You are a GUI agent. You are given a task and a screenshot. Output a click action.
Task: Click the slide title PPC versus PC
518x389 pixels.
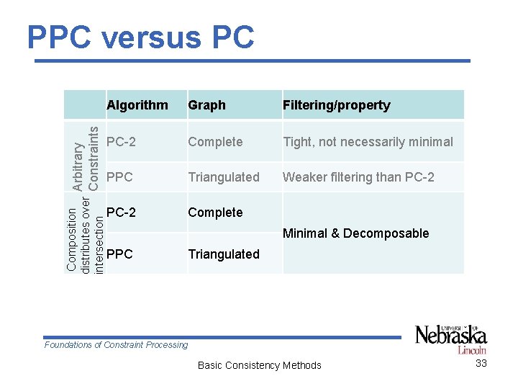(140, 37)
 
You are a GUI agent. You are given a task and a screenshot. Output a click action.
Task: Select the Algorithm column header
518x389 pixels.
(137, 105)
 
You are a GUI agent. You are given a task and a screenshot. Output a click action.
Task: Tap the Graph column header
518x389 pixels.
(206, 105)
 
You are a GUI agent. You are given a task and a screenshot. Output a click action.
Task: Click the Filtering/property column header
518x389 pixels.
(336, 105)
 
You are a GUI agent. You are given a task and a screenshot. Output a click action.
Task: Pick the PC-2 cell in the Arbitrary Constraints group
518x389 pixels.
(121, 142)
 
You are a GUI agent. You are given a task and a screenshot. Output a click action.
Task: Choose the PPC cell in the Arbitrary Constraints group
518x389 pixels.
(119, 176)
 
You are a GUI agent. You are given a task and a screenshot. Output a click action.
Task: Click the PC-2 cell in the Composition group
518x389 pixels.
(121, 212)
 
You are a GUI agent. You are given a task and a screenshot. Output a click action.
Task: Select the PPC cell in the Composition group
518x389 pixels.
(119, 254)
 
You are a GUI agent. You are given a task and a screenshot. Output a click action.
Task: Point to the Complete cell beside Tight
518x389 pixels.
(215, 142)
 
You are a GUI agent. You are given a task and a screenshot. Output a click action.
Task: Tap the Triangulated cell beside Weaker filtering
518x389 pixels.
(224, 176)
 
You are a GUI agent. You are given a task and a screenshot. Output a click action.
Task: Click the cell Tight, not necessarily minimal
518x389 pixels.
(368, 142)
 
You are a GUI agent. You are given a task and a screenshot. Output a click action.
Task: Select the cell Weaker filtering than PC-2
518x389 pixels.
(358, 176)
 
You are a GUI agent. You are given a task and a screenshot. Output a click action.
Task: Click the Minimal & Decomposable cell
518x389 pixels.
(355, 233)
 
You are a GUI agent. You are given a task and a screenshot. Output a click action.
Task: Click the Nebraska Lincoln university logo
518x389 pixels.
(450, 338)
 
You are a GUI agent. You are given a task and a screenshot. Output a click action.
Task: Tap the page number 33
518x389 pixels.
(481, 363)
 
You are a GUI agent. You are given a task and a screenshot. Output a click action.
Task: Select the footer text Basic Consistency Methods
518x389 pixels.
(259, 365)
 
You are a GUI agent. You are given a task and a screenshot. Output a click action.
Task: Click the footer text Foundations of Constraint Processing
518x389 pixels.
(116, 345)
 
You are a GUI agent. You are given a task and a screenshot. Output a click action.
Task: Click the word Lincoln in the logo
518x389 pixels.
(472, 350)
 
